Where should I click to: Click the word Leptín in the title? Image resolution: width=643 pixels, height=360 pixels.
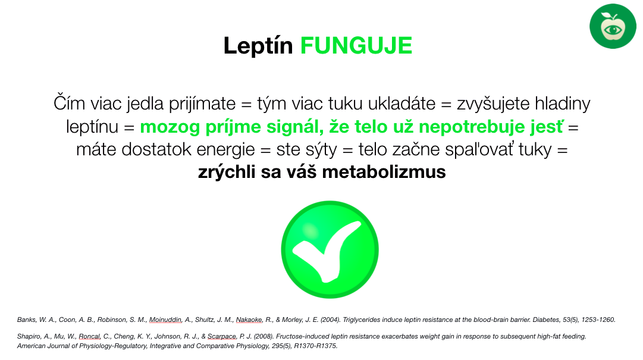258,45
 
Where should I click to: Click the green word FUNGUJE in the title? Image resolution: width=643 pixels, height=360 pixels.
356,45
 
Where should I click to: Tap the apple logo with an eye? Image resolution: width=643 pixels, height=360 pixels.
613,26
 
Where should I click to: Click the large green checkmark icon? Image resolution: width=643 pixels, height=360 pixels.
330,250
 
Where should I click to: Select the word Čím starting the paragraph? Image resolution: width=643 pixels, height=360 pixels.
69,103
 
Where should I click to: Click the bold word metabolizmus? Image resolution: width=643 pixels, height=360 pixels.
384,172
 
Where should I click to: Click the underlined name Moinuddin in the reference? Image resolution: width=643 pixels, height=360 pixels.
165,320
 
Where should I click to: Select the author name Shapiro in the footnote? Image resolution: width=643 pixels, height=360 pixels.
30,337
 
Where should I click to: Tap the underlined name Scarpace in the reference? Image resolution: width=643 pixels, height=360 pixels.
222,337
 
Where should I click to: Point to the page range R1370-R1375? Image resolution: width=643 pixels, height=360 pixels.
315,346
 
